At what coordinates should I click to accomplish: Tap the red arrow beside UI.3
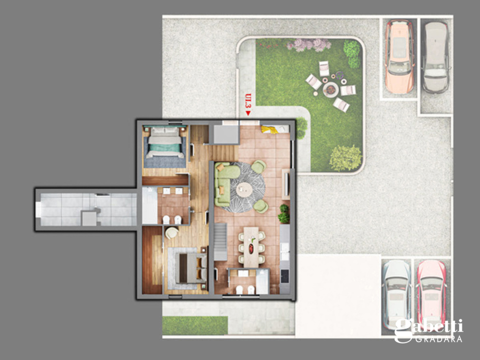click(248, 113)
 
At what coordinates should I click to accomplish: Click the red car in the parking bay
click(431, 294)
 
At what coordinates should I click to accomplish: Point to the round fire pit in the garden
click(331, 89)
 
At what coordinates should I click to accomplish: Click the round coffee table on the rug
click(244, 190)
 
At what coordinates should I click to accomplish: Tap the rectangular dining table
click(251, 246)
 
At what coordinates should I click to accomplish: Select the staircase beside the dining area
click(220, 242)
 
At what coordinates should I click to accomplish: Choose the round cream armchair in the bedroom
click(171, 233)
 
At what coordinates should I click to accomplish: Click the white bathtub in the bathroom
click(149, 205)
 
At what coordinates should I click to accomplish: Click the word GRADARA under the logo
click(438, 339)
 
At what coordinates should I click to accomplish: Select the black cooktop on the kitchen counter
click(284, 276)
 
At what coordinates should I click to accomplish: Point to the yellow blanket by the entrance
click(269, 130)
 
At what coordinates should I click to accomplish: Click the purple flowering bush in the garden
click(309, 45)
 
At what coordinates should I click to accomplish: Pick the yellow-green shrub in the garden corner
click(345, 158)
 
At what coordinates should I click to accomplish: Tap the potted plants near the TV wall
click(284, 213)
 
